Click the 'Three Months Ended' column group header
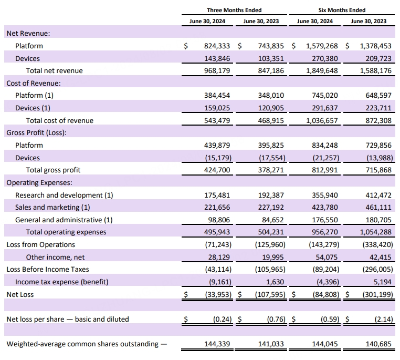pos(234,10)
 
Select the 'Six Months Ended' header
pos(342,10)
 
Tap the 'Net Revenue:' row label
pos(28,34)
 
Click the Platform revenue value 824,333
pos(217,46)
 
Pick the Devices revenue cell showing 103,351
pos(271,58)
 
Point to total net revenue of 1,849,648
pos(322,71)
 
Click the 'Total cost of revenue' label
pos(60,120)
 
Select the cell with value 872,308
pos(378,120)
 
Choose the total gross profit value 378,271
pos(271,170)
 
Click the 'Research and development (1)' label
pos(64,196)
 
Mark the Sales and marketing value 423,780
pos(325,207)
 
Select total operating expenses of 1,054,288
pos(375,232)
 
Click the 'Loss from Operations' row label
pos(41,244)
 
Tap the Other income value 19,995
pos(273,257)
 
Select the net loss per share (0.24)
pos(222,320)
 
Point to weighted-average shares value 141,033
pos(271,344)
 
